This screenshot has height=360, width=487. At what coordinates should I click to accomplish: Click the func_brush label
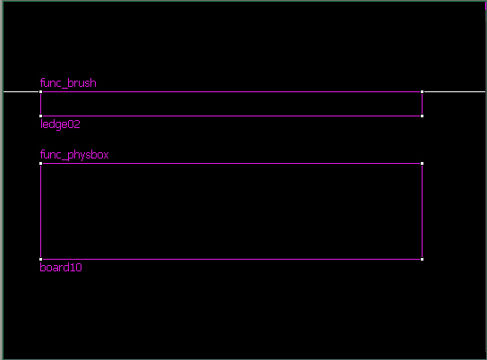[68, 83]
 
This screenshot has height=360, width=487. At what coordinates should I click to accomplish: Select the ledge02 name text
[60, 124]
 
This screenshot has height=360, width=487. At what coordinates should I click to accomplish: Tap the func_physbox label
[74, 155]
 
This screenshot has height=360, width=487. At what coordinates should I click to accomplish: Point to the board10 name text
[61, 268]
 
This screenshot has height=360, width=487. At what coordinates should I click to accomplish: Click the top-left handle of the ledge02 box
[40, 92]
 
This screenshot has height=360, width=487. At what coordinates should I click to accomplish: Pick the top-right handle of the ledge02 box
[422, 92]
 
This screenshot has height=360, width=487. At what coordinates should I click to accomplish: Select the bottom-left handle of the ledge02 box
[40, 116]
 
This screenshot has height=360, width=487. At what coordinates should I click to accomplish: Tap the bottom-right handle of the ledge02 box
[422, 116]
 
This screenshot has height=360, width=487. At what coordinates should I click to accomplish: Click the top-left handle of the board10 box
[40, 163]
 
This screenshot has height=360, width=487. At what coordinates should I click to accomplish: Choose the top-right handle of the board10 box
[422, 163]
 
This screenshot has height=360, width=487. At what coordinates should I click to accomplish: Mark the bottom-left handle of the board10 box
[40, 260]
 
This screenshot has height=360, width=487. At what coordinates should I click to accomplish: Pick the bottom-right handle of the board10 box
[422, 260]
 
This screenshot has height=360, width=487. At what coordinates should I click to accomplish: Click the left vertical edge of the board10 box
[40, 211]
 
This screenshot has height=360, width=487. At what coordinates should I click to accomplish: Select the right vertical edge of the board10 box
[422, 211]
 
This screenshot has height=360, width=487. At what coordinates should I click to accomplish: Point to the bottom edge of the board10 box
[231, 260]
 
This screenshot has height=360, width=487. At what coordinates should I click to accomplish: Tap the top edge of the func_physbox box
[231, 163]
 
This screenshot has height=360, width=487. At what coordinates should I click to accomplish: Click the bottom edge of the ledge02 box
[231, 116]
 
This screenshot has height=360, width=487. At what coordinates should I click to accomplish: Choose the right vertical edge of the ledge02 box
[422, 104]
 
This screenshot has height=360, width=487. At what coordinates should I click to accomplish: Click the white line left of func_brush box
[21, 92]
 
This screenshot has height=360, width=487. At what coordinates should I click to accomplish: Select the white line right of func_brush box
[455, 92]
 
